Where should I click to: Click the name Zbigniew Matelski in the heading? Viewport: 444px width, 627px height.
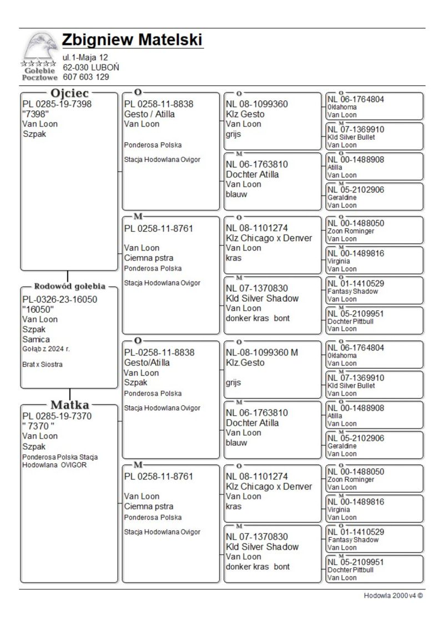132,40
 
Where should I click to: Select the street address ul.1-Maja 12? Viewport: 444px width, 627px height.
85,57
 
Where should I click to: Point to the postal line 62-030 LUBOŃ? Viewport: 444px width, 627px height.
90,67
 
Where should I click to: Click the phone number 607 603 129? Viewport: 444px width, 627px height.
85,77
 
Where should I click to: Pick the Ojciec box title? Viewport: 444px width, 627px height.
70,93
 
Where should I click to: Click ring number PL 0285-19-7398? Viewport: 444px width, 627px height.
57,104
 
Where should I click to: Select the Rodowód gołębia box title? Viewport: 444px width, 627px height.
69,287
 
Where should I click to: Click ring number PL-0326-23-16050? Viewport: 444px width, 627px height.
59,299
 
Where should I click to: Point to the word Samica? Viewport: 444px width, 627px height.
36,339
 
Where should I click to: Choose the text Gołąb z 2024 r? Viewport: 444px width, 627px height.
46,349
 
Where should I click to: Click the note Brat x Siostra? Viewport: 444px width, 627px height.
42,365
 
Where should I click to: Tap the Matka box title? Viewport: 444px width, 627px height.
70,404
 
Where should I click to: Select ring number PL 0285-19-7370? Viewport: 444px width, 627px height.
57,416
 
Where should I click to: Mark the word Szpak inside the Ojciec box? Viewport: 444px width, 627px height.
34,134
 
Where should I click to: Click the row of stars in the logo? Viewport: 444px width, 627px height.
38,64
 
